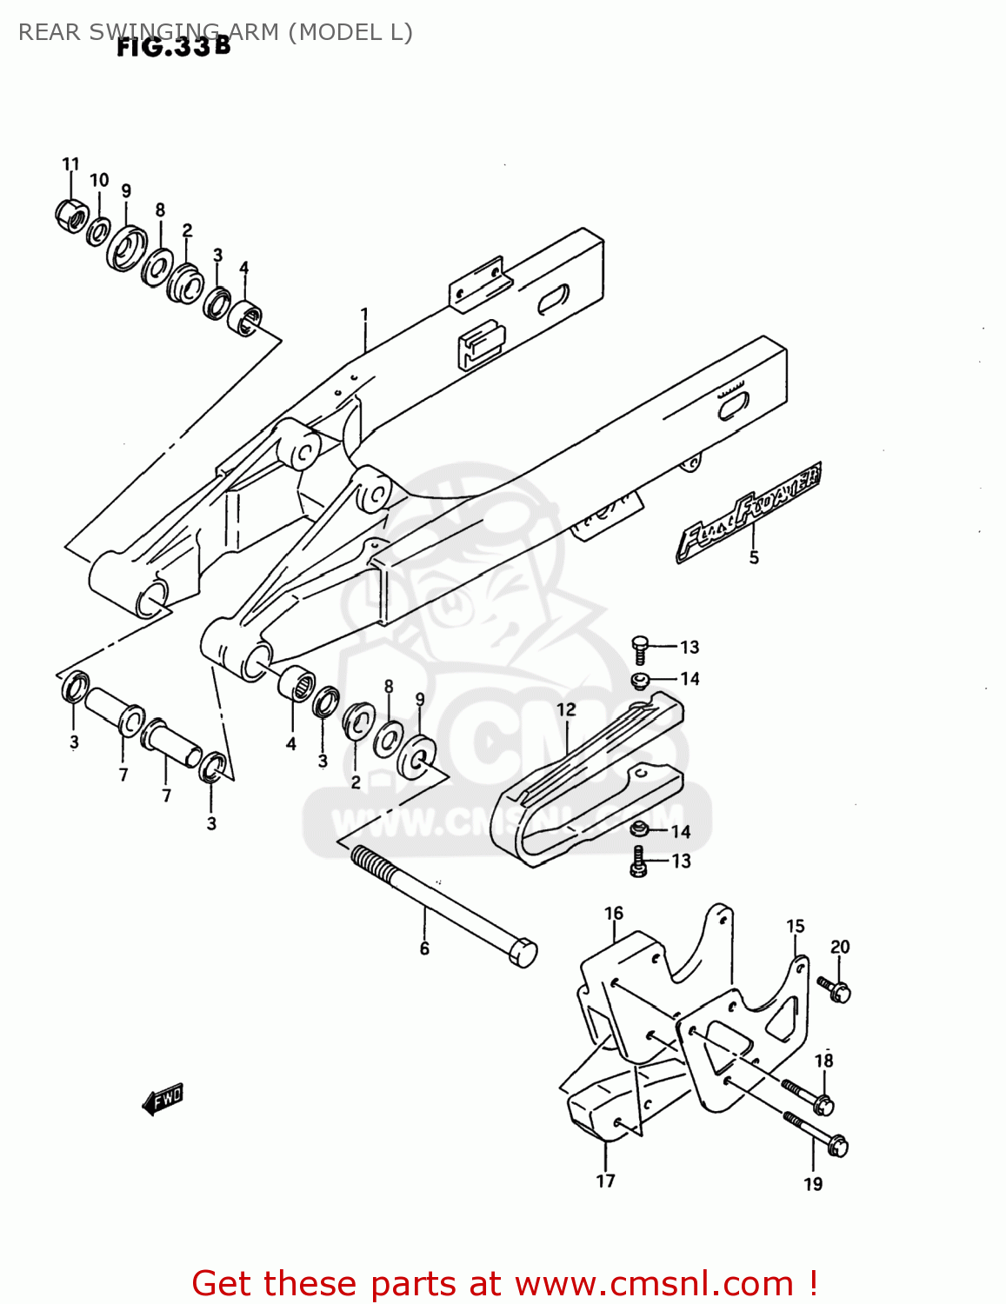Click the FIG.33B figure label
[x=174, y=46]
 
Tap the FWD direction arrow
[x=163, y=1099]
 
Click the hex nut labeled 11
[x=70, y=215]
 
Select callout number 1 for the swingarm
[x=364, y=314]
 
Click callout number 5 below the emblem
[x=754, y=557]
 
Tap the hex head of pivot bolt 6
[x=522, y=952]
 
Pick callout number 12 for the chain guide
[x=566, y=709]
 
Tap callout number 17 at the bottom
[x=605, y=1181]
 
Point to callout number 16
[x=614, y=913]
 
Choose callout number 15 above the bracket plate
[x=796, y=926]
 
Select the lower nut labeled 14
[x=640, y=830]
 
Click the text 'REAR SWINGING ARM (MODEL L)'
[x=215, y=32]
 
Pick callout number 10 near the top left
[x=99, y=180]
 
